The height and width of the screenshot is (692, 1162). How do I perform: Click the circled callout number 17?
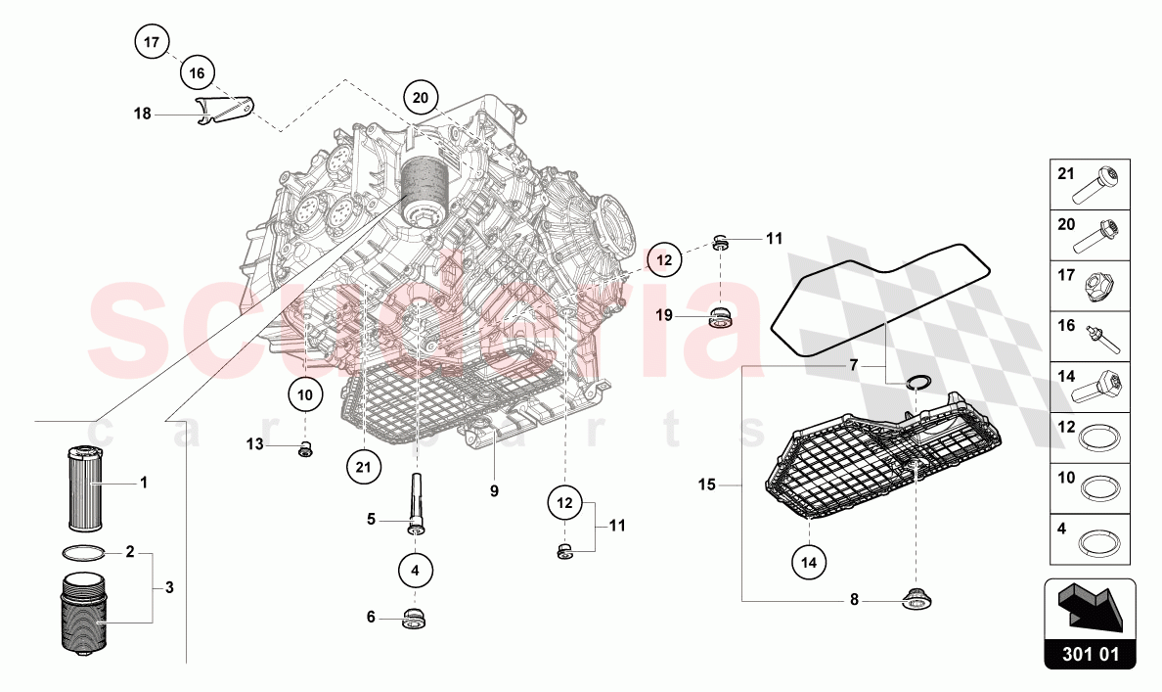151,43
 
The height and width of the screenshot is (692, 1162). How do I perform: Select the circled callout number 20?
421,97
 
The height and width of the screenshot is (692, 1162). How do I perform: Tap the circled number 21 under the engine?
363,468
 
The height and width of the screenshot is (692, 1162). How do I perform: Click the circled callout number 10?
305,395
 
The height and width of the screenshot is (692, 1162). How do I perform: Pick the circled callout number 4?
416,569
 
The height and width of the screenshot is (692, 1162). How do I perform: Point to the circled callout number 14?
810,562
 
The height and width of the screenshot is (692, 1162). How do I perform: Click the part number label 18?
143,115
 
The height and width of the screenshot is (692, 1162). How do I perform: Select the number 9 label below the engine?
494,490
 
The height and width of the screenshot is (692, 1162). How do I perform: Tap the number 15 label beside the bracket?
707,484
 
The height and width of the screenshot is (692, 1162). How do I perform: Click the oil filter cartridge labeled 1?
85,486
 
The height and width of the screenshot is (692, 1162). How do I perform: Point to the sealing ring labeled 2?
83,553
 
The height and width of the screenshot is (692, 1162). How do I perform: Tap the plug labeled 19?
721,317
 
